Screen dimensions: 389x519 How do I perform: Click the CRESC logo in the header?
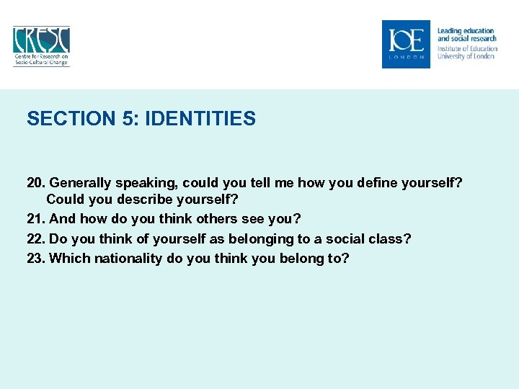[x=41, y=46]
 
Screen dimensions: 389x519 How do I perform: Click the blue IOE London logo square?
[x=406, y=44]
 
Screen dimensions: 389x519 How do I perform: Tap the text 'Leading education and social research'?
[x=466, y=35]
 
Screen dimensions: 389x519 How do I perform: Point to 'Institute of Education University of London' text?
[x=466, y=53]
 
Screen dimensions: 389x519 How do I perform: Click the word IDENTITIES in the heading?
[x=200, y=118]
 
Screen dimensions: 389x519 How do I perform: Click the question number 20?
[x=36, y=183]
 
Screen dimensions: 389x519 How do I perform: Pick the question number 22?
[x=36, y=238]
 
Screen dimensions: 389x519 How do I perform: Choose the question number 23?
[x=36, y=257]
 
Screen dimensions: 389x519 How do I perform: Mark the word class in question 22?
[x=389, y=238]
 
